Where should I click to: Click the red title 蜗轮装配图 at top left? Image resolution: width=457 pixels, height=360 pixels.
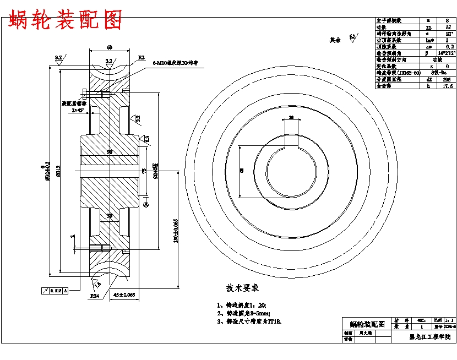[64, 21]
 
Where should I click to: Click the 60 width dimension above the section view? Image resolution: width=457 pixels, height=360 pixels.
[110, 47]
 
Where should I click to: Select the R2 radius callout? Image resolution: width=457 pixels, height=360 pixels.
[141, 57]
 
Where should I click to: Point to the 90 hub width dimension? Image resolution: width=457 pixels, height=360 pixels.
[110, 151]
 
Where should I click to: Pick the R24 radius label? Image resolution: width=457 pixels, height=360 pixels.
[94, 296]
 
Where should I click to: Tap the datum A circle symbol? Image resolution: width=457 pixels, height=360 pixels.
[146, 205]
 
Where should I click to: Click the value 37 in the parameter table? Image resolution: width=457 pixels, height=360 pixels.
[448, 26]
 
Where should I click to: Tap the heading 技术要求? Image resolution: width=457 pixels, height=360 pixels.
[242, 288]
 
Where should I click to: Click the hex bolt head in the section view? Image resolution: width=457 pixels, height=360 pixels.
[83, 92]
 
